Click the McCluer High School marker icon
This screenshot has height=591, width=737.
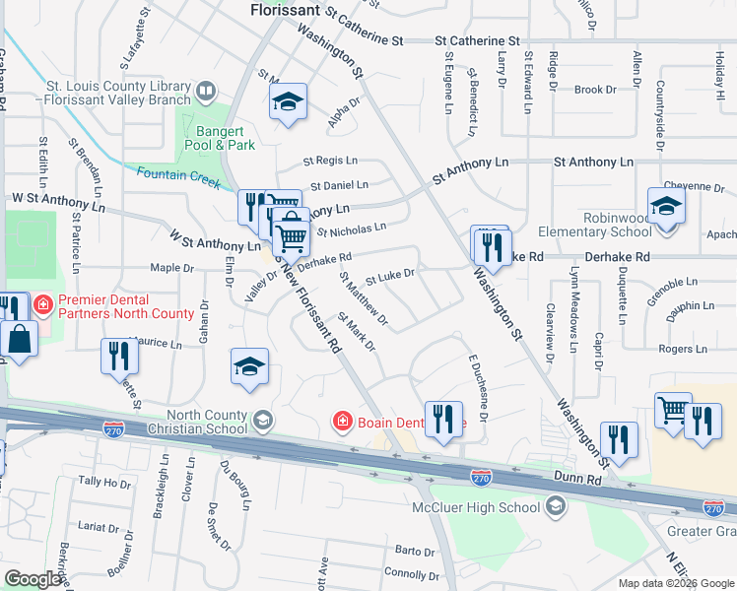pyautogui.click(x=555, y=507)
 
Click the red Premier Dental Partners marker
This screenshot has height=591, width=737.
pyautogui.click(x=42, y=305)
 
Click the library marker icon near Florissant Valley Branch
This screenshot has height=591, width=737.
pyautogui.click(x=205, y=94)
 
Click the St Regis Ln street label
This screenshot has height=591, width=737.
pyautogui.click(x=330, y=161)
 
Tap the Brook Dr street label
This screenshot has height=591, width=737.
pyautogui.click(x=594, y=90)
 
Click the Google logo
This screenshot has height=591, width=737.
pyautogui.click(x=33, y=579)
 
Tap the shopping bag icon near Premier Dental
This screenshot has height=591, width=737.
pyautogui.click(x=20, y=340)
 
